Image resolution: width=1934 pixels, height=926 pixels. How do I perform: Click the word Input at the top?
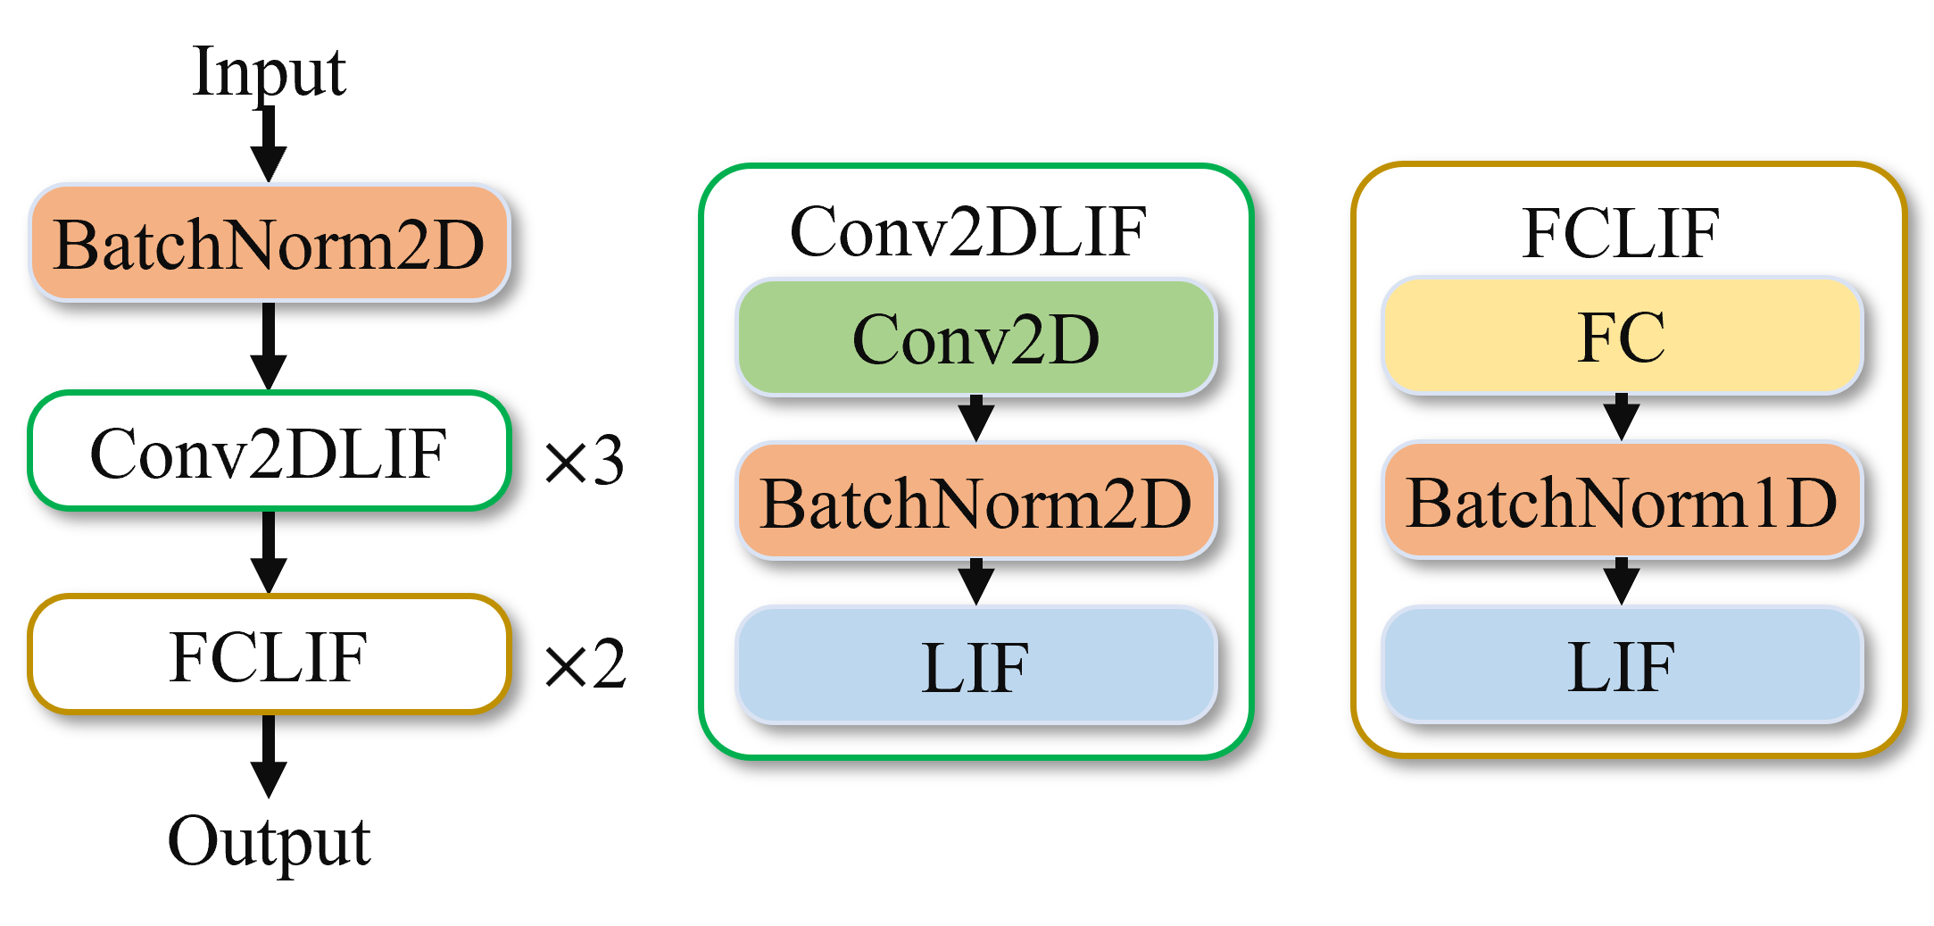click(269, 71)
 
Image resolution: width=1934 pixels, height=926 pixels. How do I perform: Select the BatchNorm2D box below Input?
click(270, 243)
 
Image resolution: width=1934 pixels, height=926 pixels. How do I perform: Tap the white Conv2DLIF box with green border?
click(270, 451)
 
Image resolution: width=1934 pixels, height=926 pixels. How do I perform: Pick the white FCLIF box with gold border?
click(270, 655)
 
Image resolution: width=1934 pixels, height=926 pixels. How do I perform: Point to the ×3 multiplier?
click(585, 461)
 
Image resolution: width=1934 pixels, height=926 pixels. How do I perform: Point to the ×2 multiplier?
click(585, 664)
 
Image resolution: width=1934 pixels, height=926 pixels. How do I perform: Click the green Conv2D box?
click(976, 338)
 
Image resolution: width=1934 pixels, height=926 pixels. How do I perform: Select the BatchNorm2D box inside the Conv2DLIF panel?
click(976, 502)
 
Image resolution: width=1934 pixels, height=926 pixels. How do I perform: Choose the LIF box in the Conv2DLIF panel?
click(976, 665)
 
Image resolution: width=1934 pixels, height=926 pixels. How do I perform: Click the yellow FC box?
click(1623, 336)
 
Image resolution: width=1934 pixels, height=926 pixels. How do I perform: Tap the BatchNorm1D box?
click(1623, 501)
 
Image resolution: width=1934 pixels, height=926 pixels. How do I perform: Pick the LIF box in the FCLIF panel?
click(1623, 664)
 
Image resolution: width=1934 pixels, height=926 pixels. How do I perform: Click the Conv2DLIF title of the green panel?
click(968, 232)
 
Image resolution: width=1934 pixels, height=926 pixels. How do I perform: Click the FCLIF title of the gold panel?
click(1621, 233)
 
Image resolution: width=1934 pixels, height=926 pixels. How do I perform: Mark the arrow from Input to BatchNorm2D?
click(269, 145)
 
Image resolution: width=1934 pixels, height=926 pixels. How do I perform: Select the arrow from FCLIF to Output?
click(269, 756)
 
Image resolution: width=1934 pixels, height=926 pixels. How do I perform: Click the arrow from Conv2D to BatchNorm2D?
click(976, 419)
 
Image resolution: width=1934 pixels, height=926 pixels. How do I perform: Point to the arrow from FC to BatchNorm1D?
click(1622, 417)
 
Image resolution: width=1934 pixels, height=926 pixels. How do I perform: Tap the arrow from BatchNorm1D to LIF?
click(1622, 582)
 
